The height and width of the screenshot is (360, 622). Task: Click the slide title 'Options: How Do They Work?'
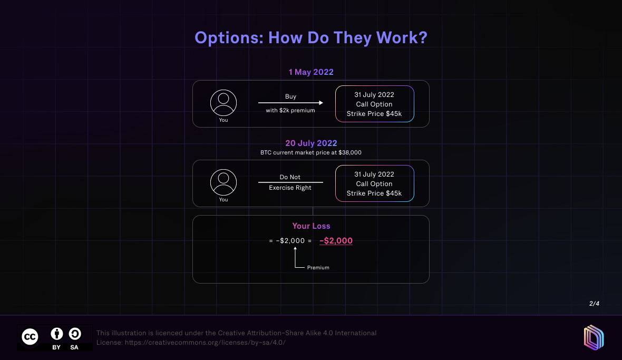click(x=311, y=38)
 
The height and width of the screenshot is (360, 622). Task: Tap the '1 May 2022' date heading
click(x=311, y=72)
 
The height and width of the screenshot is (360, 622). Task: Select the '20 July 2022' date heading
click(x=311, y=143)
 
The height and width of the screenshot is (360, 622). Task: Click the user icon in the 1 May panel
click(x=223, y=103)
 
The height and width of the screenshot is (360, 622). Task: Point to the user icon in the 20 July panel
click(x=223, y=182)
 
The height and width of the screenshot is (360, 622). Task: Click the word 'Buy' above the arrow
click(x=290, y=96)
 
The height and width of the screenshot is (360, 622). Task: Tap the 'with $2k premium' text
click(x=290, y=110)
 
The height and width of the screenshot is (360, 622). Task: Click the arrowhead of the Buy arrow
click(x=321, y=103)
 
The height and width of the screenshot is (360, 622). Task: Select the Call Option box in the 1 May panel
click(x=374, y=104)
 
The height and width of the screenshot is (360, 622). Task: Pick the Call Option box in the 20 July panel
click(x=374, y=183)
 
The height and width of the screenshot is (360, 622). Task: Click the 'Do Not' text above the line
click(x=290, y=177)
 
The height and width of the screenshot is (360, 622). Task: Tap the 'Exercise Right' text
click(x=290, y=188)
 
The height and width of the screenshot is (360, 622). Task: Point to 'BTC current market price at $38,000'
click(x=311, y=153)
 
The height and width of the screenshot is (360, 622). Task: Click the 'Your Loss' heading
click(x=312, y=226)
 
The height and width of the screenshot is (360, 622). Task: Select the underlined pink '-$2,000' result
click(x=336, y=241)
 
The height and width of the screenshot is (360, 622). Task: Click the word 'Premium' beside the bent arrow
click(x=318, y=268)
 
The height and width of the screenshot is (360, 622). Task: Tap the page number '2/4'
click(x=594, y=304)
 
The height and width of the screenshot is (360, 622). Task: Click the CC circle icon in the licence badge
click(x=30, y=337)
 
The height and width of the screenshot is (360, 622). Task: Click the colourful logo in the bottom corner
click(x=594, y=338)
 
